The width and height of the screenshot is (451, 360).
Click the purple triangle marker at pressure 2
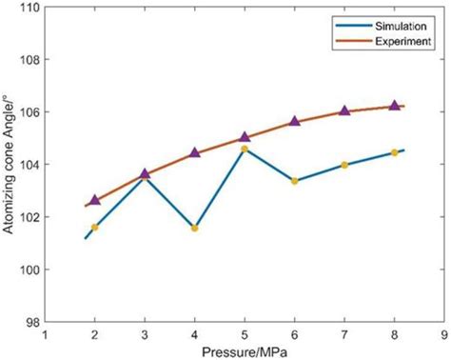click(x=95, y=200)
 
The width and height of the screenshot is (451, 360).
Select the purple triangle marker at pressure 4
click(x=195, y=152)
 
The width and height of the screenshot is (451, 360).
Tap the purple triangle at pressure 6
click(x=295, y=121)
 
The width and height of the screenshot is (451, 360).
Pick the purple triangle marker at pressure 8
click(x=395, y=105)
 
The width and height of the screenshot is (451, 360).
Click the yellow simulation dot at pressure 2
click(x=95, y=228)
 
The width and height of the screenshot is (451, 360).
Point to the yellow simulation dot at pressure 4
click(x=195, y=229)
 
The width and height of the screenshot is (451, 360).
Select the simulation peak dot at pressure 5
click(x=245, y=149)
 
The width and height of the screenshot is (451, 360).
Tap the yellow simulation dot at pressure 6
click(x=295, y=181)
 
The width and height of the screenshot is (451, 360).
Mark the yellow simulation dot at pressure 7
click(x=344, y=165)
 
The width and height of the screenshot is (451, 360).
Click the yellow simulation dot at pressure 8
click(x=395, y=152)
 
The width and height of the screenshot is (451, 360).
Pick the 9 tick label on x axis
click(x=444, y=335)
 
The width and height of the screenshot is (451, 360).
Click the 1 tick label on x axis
click(x=46, y=335)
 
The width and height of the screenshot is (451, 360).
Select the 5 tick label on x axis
click(x=245, y=335)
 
